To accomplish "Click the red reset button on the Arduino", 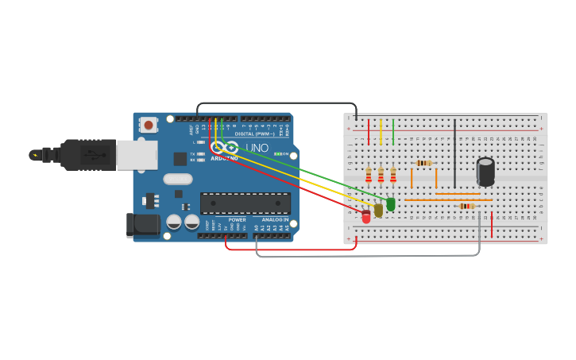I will tap(148, 125).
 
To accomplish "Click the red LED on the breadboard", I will tap(366, 216).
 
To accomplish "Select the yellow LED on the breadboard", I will tap(378, 210).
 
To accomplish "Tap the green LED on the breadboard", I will tap(390, 204).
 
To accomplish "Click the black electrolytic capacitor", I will tap(485, 172).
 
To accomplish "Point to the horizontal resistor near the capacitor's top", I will tap(424, 163).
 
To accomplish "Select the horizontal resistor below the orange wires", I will tap(467, 206).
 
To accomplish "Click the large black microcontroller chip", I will tap(245, 203).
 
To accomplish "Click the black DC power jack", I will tap(143, 225).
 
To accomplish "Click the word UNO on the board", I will tap(257, 148).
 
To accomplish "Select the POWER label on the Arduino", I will tap(237, 220).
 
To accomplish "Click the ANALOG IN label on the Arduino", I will tap(275, 220).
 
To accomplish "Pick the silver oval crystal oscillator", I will tap(178, 179).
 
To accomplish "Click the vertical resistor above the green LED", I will tap(392, 175).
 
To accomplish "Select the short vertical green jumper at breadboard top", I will tap(393, 132).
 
